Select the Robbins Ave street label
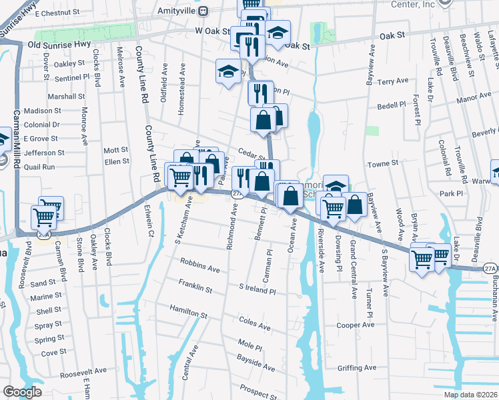coord(200,269)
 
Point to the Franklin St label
coord(195,287)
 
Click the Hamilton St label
coord(189,311)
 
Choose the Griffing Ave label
coord(357,367)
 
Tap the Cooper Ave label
coord(354,325)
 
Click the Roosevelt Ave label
coord(83,371)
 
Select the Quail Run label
coord(39,167)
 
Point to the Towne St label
coord(383,163)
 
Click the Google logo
coord(22,392)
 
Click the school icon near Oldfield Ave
coord(228,71)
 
